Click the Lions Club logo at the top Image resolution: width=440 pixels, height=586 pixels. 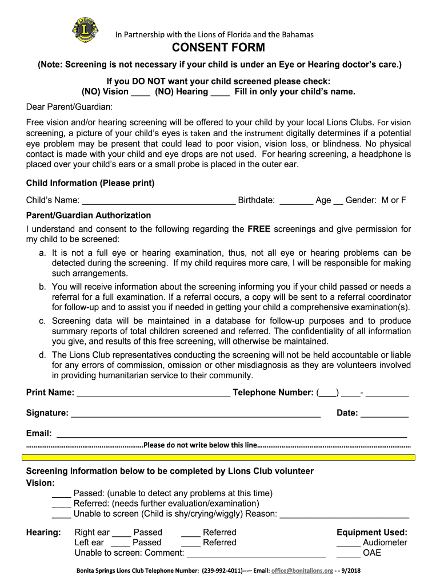tap(85, 29)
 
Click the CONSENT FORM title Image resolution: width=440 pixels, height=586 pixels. tap(219, 48)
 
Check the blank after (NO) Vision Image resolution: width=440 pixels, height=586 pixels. tap(141, 92)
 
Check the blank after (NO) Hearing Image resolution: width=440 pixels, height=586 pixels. tap(220, 92)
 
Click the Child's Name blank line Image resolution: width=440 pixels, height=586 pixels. tap(159, 201)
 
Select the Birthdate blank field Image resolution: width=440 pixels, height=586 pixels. tap(297, 201)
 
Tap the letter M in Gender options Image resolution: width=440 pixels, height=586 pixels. tap(386, 200)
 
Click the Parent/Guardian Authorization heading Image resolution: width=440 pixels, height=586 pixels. tap(89, 215)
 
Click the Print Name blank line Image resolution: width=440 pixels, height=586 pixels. tap(153, 393)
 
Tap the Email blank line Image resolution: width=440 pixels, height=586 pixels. tap(231, 434)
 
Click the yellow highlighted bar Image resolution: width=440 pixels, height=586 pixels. tap(219, 457)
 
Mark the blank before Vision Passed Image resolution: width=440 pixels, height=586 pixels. tap(61, 494)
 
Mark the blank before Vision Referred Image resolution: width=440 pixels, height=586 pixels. tap(61, 504)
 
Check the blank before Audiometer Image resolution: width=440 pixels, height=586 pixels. tap(348, 543)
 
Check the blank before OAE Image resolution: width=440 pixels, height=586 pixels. tap(348, 553)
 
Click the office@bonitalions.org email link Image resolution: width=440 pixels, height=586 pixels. tap(302, 571)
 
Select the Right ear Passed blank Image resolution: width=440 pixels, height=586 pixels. tap(121, 533)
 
